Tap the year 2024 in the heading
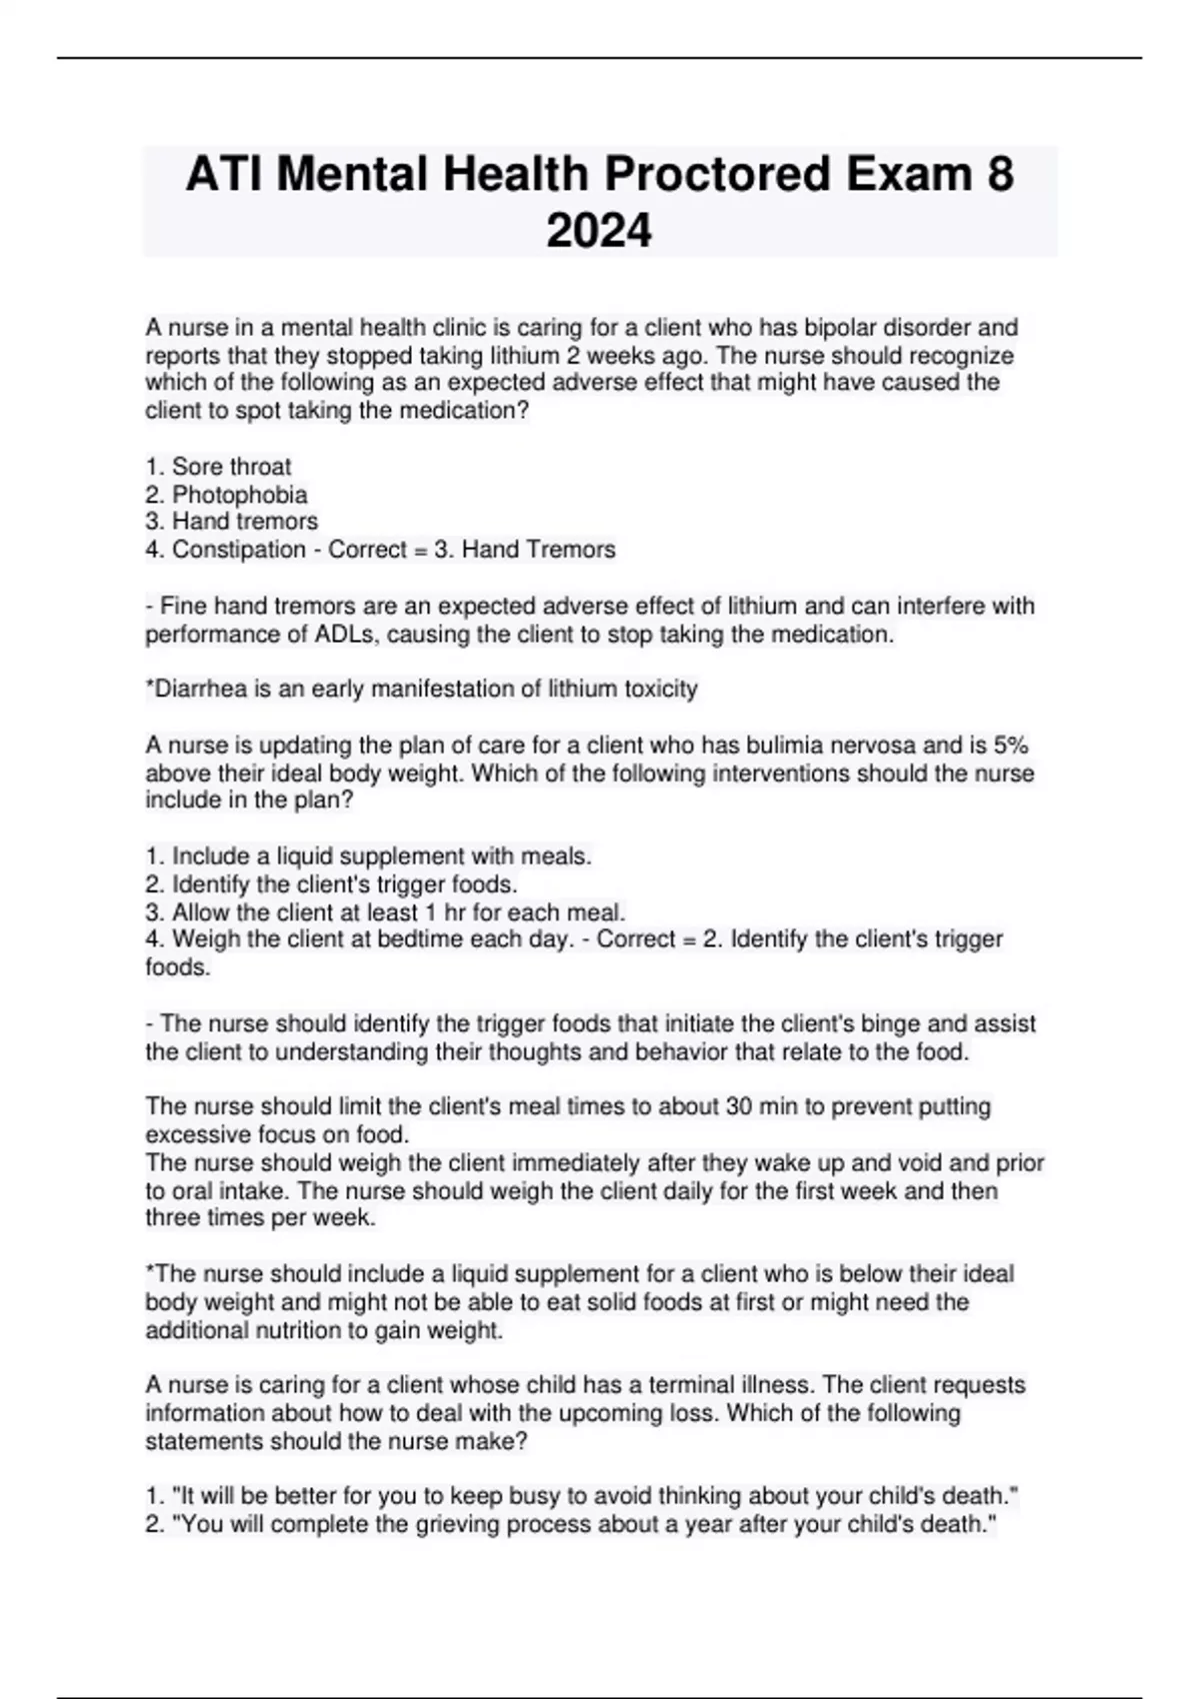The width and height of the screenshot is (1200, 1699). tap(599, 231)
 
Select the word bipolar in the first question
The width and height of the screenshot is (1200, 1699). tap(854, 328)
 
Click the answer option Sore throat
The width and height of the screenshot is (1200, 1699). tap(231, 467)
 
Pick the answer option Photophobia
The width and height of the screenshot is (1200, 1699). tap(240, 495)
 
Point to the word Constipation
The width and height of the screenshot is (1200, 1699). tap(239, 550)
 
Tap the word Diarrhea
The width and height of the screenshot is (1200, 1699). tap(198, 690)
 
